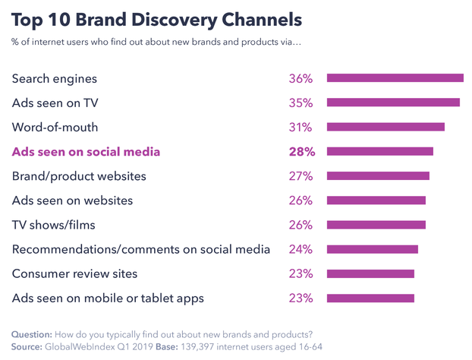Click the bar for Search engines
coord(395,78)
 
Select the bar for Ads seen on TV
coord(392,103)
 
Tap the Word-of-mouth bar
coord(385,127)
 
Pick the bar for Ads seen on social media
coord(379,151)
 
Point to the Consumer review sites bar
coord(370,273)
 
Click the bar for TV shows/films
coord(376,225)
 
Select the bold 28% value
coord(301,151)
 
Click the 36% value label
coord(301,78)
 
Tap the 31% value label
coord(301,127)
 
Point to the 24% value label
coord(301,249)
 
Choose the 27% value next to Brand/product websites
coord(301,176)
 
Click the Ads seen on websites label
coord(72,201)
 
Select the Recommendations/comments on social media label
coord(141,249)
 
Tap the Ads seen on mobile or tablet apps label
coord(108,298)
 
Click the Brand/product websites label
coord(79,176)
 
